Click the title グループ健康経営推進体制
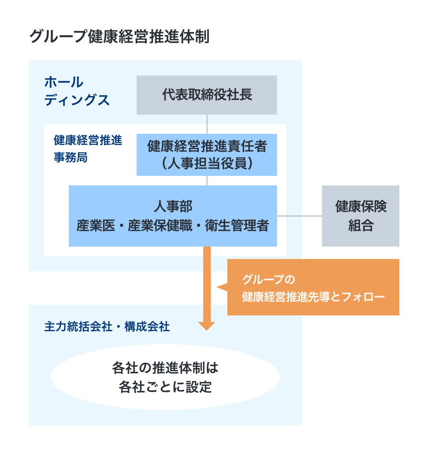119,36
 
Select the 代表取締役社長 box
206,95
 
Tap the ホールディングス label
76,91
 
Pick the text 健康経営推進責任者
206,146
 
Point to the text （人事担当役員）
206,163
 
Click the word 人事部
172,206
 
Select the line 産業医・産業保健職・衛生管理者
172,225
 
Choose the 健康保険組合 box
360,216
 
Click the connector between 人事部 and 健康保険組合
300,216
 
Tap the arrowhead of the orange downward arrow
206,325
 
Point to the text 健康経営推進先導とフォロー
313,297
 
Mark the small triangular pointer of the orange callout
222,287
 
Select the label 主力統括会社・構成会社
107,327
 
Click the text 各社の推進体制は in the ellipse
165,368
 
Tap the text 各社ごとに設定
165,386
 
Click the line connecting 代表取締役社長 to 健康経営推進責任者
206,124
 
